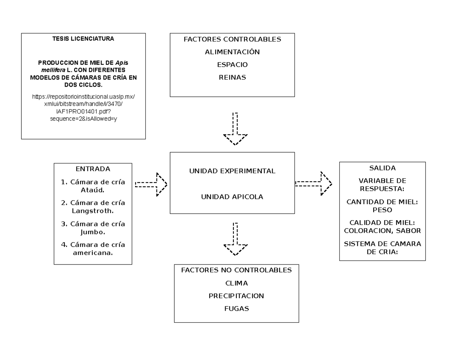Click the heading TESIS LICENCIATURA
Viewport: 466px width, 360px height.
[x=83, y=39]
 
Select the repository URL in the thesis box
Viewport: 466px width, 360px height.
[x=83, y=108]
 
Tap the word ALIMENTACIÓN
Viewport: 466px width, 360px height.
[x=232, y=52]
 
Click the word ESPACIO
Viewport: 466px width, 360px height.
[x=232, y=64]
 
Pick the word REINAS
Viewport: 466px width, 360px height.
[x=232, y=77]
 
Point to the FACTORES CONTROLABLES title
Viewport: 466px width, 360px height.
[x=232, y=39]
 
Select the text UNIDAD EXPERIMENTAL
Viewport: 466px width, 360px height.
[x=232, y=171]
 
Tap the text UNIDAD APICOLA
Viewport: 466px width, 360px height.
[x=232, y=197]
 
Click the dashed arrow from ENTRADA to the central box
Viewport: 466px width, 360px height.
[x=151, y=184]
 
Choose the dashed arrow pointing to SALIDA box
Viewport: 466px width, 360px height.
[x=314, y=184]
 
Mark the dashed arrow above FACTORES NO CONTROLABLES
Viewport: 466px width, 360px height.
[x=235, y=239]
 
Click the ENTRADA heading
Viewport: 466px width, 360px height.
[x=93, y=169]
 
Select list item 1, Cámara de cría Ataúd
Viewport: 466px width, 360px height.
[x=93, y=186]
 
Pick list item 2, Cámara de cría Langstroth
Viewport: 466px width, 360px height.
[x=93, y=207]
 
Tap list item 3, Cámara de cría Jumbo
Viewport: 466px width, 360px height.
[x=93, y=228]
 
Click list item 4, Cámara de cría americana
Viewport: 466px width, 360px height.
[x=93, y=249]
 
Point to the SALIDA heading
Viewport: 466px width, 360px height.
[x=383, y=168]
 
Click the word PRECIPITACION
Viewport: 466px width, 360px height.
[x=236, y=296]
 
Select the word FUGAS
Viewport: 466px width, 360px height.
[x=236, y=309]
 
